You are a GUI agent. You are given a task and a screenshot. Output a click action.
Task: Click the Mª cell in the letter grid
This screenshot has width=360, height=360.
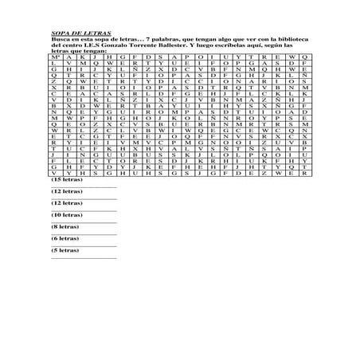click(55, 58)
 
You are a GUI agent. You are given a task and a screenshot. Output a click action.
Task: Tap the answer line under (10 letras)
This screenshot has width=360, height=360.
click(84, 221)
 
